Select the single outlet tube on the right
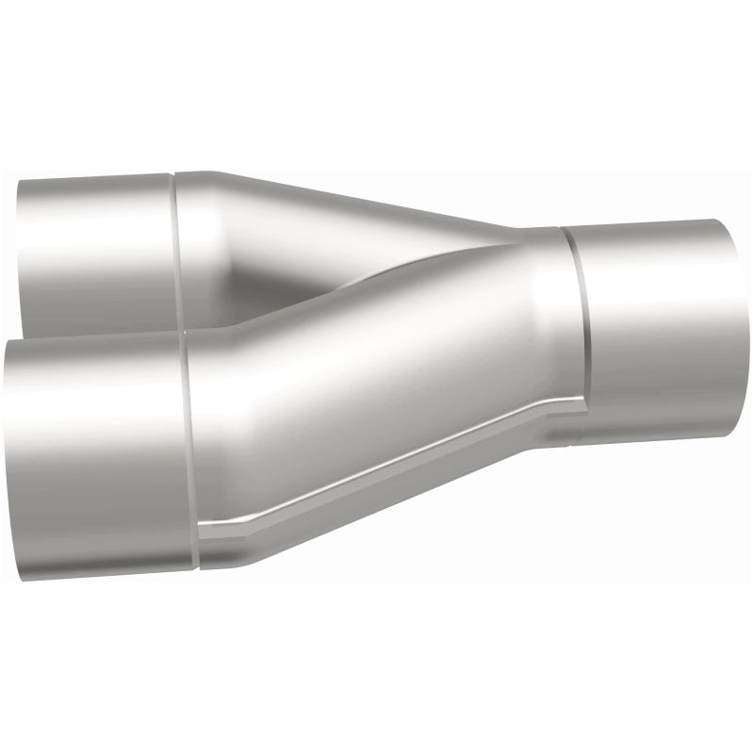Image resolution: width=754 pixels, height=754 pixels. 650,330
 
